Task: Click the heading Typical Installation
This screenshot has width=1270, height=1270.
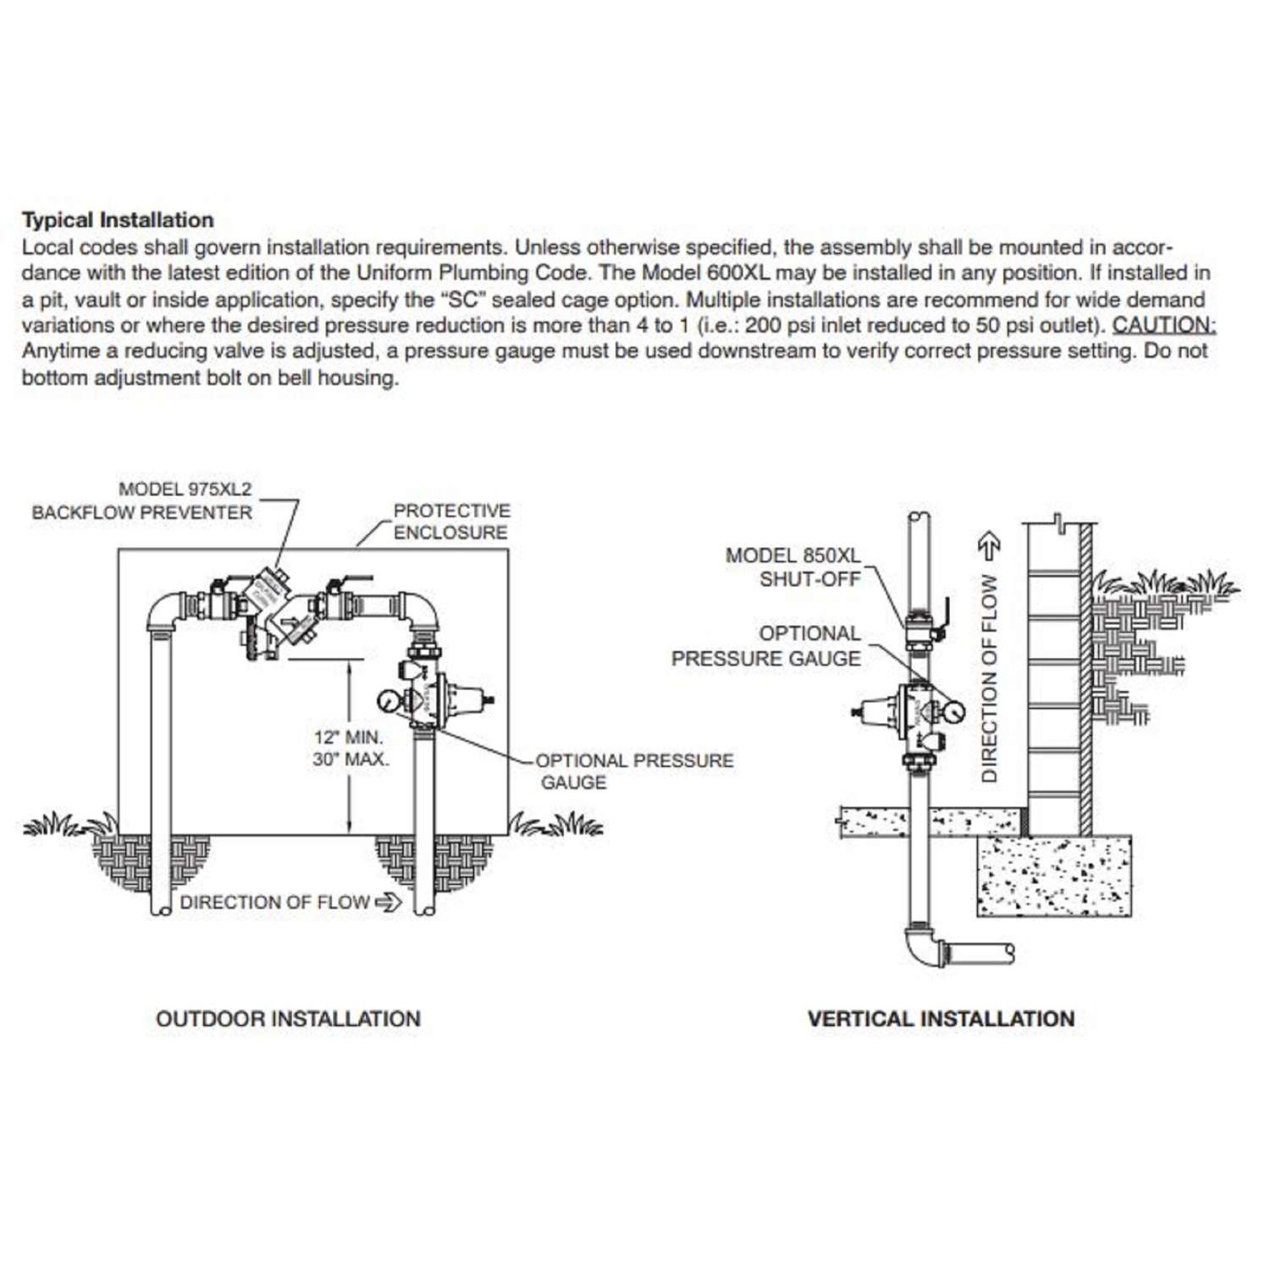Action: point(118,220)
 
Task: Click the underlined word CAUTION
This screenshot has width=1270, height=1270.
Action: point(1163,325)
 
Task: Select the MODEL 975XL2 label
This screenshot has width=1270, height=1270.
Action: point(185,489)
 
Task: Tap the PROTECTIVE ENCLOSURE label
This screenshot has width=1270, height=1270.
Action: point(451,522)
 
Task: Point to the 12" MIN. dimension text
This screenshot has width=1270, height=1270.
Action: point(348,737)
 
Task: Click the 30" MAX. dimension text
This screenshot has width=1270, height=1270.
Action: point(350,759)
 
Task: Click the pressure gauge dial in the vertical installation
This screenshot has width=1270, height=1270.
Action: point(952,711)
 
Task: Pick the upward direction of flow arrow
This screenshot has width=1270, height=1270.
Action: point(989,545)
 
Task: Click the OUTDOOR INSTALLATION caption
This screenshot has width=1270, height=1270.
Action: point(288,1019)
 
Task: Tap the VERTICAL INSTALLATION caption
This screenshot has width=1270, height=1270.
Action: point(941,1019)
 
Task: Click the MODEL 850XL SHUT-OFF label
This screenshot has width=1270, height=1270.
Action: point(792,567)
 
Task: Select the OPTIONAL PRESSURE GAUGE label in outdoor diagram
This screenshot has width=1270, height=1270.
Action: point(634,770)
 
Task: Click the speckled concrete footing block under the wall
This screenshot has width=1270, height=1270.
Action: point(1053,875)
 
